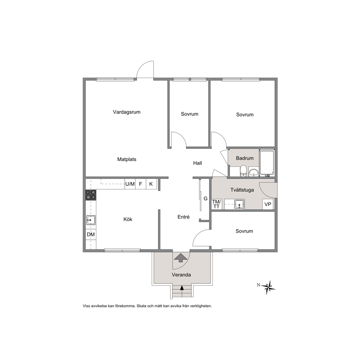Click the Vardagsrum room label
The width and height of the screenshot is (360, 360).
pos(127,112)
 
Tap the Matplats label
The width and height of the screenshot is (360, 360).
pos(127,159)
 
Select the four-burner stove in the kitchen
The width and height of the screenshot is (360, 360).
pos(91,195)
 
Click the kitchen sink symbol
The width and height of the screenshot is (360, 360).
pos(91,220)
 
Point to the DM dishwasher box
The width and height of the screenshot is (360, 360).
pos(91,234)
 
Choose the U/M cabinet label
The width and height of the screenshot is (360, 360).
pos(130,184)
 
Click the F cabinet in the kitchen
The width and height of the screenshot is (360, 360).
pos(140,184)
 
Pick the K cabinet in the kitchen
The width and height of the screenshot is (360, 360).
pos(151,184)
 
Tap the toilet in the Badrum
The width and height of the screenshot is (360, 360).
pos(243,171)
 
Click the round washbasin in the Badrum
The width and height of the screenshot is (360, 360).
pos(253,172)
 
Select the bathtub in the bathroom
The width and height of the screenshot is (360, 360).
pos(267,163)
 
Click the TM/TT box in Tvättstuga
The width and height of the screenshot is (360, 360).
pos(216,204)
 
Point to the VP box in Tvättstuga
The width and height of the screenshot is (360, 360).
pos(268,204)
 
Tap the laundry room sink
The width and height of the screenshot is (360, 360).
pos(239,204)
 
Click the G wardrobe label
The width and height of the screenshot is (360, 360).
pos(205,199)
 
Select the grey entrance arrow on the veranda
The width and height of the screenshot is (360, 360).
pos(181,257)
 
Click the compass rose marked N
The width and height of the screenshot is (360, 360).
pos(268,287)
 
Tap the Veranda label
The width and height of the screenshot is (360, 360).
pos(181,275)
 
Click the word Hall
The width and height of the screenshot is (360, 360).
pos(197,163)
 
